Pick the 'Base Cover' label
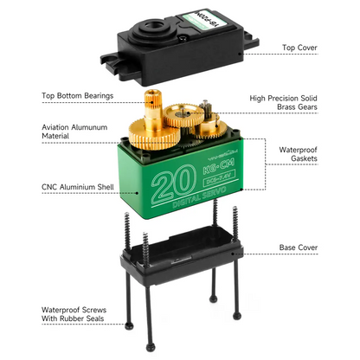click(x=298, y=247)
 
